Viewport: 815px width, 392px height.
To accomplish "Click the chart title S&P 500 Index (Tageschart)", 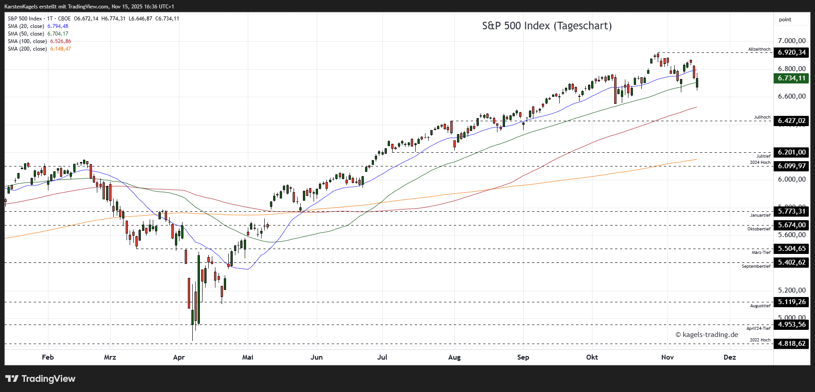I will pos(547,26).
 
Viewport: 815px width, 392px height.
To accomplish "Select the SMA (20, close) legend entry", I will pos(38,26).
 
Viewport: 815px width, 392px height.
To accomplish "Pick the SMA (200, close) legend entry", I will pos(39,49).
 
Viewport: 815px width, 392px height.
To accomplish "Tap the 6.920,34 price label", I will pos(791,52).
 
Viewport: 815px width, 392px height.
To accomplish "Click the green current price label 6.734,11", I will pos(791,78).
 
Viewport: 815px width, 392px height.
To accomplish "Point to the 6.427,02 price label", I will pos(791,121).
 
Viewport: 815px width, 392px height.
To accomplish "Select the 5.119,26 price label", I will pos(791,302).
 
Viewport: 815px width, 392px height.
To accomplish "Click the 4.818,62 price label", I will pos(791,344).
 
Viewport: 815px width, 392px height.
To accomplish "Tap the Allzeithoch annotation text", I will pos(759,49).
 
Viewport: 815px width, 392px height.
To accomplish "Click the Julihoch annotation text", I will pos(762,117).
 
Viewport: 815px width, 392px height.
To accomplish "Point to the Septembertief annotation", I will pos(756,266).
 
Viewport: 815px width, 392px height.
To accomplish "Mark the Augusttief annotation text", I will pos(760,306).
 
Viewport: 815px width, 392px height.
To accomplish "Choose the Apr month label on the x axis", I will pos(179,357).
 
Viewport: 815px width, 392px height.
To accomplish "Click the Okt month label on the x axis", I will pos(592,357).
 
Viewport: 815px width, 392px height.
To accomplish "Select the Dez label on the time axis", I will pos(729,357).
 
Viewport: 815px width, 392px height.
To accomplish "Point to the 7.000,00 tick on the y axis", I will pos(791,41).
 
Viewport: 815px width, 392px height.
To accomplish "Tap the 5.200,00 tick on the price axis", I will pos(791,290).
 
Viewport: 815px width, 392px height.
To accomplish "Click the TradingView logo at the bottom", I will pos(40,379).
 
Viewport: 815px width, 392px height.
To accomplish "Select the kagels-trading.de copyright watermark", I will pos(707,335).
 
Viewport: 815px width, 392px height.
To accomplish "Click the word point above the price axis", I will pos(785,20).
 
